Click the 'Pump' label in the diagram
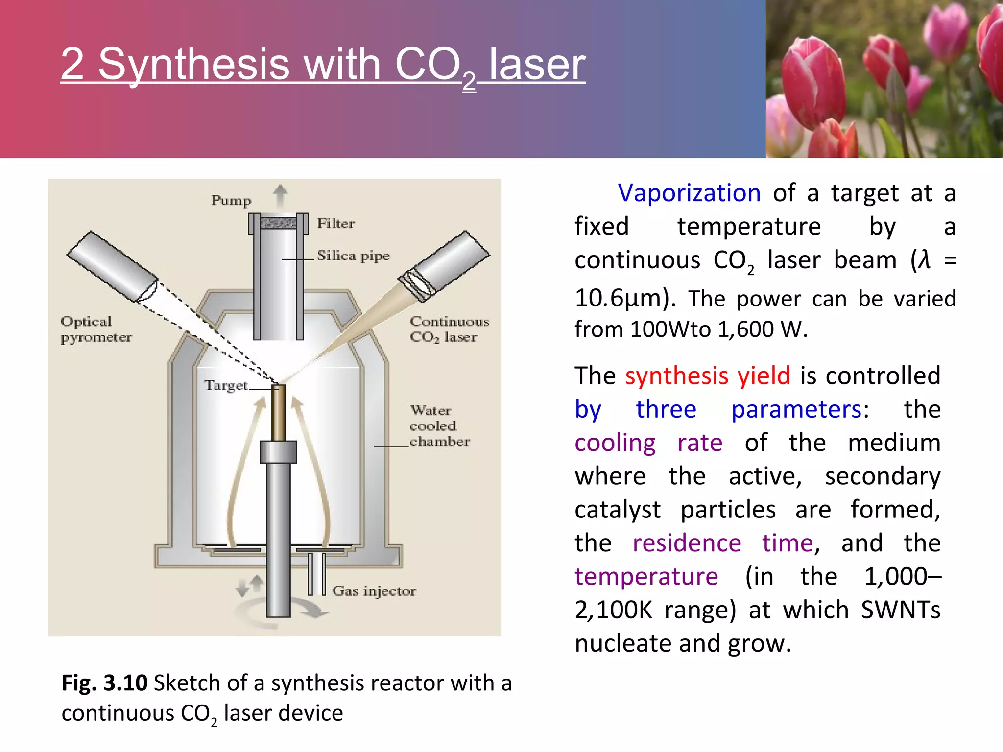[x=231, y=201]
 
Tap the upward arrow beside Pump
[x=280, y=195]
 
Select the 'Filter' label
[x=335, y=224]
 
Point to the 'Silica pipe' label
[x=353, y=256]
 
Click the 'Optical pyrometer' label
[x=96, y=329]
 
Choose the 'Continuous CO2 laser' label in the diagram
[x=449, y=329]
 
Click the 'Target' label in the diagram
[x=226, y=386]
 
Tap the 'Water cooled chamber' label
[x=439, y=426]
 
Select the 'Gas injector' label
[x=374, y=591]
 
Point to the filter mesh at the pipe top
[x=278, y=224]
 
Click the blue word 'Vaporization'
[x=689, y=193]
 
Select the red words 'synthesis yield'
[x=707, y=376]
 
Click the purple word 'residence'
[x=687, y=543]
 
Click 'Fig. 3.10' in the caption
[x=104, y=682]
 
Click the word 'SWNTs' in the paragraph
[x=900, y=610]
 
